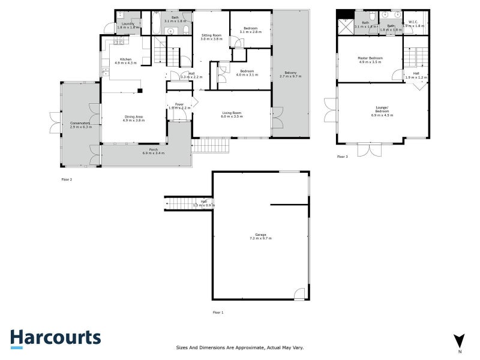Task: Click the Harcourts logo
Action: (55, 337)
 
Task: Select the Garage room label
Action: (260, 236)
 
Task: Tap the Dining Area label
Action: (133, 118)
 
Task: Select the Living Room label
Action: (232, 112)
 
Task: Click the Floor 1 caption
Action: (218, 313)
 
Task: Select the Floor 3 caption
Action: (343, 157)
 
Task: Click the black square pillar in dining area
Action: (139, 91)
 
